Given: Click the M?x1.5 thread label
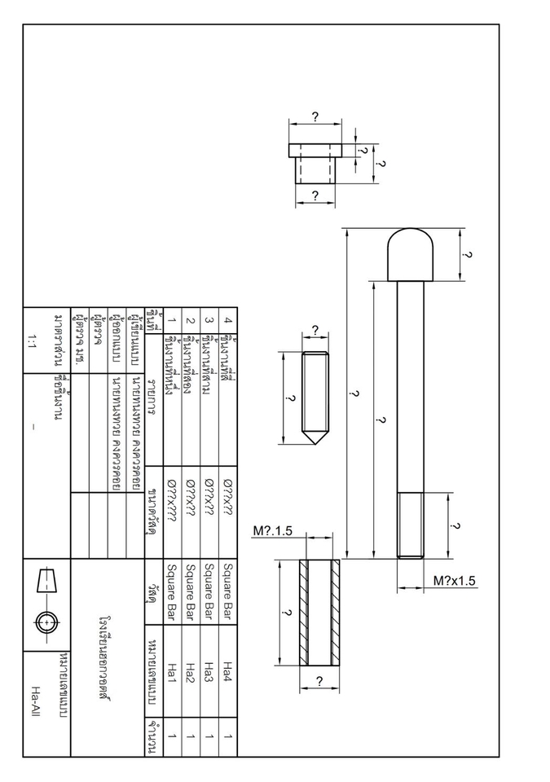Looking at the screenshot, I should (x=454, y=581).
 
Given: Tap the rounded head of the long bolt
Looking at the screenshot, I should (x=410, y=254).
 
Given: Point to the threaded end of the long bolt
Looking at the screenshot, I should (x=410, y=525).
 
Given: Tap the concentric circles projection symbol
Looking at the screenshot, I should (x=47, y=622).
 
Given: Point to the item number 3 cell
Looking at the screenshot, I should (x=209, y=320).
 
